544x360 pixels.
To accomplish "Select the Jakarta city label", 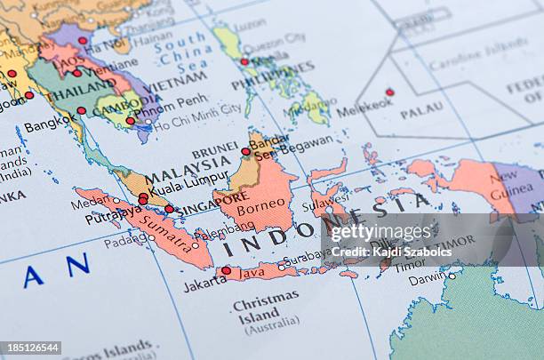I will click(x=204, y=284).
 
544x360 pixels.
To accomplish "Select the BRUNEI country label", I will click(x=215, y=150).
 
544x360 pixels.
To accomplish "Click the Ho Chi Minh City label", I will click(x=196, y=110).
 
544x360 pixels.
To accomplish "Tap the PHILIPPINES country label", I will click(x=272, y=76).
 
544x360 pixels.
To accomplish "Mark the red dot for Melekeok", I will click(x=389, y=92).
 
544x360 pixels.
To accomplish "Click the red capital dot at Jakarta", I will click(x=226, y=270).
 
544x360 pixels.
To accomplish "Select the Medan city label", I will click(x=88, y=202).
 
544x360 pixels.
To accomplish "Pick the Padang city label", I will click(x=124, y=239).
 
